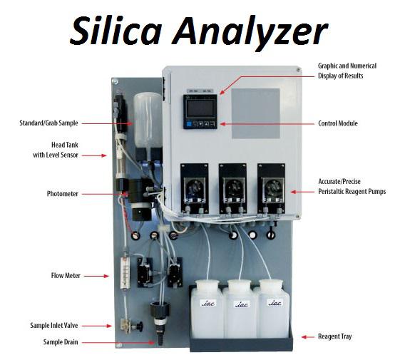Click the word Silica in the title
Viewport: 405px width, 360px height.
[116, 31]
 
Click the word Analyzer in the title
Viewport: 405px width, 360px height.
[250, 33]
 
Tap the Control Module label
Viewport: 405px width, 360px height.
[338, 123]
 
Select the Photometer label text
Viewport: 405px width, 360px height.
[62, 194]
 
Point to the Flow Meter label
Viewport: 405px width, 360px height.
[66, 276]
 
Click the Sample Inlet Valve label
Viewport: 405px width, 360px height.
[54, 325]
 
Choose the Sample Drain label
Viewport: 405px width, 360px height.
[61, 342]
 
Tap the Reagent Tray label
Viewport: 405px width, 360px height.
[334, 336]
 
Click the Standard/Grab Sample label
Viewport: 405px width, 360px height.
[48, 123]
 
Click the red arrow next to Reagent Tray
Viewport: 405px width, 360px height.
[307, 337]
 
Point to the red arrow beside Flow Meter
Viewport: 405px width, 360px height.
[96, 276]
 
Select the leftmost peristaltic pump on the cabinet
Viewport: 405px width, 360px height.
[195, 188]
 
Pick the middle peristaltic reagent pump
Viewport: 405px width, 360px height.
[232, 188]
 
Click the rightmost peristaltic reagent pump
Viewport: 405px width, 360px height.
[271, 188]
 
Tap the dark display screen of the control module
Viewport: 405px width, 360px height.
[200, 108]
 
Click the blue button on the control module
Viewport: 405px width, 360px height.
[189, 124]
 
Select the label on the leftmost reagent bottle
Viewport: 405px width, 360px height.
[208, 303]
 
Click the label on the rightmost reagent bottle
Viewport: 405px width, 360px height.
[275, 302]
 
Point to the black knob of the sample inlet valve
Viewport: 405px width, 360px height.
[140, 326]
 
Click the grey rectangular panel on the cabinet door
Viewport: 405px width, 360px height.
[256, 113]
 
